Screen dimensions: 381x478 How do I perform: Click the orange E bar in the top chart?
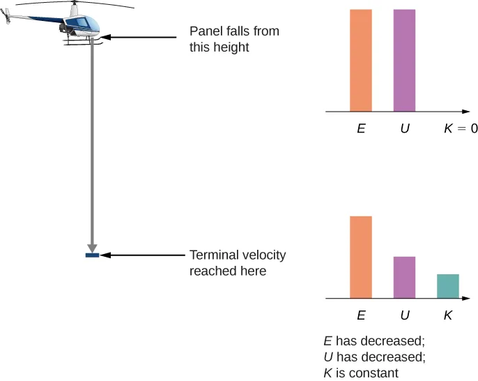tap(361, 60)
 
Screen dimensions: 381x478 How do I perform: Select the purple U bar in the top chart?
tap(404, 60)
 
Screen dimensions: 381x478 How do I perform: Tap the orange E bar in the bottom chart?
tap(361, 257)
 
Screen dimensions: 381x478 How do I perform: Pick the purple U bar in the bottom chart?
tap(404, 278)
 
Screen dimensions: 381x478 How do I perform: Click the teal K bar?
tap(448, 286)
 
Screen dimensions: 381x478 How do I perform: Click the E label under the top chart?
tap(361, 129)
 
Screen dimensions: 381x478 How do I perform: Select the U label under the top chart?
tap(404, 129)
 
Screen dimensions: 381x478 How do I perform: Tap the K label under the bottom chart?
tap(448, 315)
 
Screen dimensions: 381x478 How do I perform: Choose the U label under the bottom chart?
tap(404, 315)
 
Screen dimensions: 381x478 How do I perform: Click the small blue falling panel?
tap(92, 255)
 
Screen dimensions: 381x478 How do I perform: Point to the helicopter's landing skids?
tap(84, 44)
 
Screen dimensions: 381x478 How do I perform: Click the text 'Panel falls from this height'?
tap(219, 40)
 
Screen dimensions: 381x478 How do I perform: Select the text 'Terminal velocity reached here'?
tap(237, 262)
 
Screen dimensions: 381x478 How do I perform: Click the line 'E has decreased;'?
tap(373, 342)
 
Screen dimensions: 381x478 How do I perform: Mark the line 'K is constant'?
tap(361, 373)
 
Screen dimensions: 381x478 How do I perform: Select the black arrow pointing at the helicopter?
tap(139, 38)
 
